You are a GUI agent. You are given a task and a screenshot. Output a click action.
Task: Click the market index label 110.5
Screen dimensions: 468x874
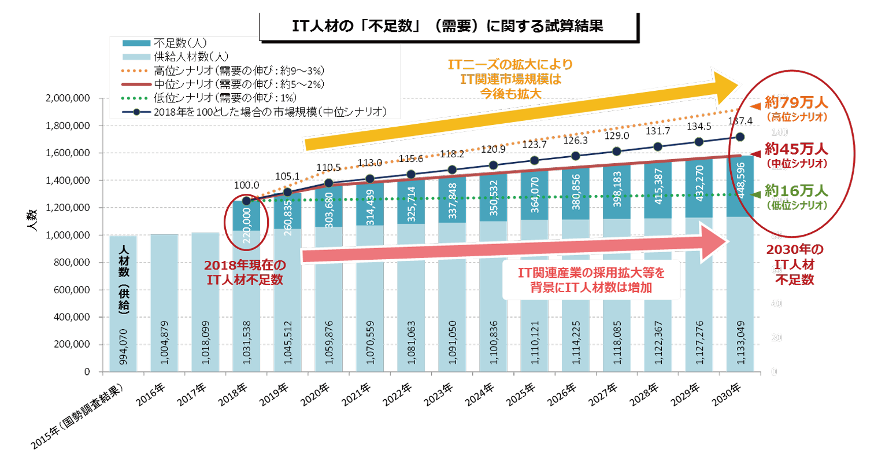327,167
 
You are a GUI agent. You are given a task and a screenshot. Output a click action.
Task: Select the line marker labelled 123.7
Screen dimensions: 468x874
534,160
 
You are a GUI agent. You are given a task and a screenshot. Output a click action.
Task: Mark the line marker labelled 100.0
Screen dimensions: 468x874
246,201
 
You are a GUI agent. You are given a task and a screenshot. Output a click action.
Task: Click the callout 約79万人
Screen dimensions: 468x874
795,104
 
